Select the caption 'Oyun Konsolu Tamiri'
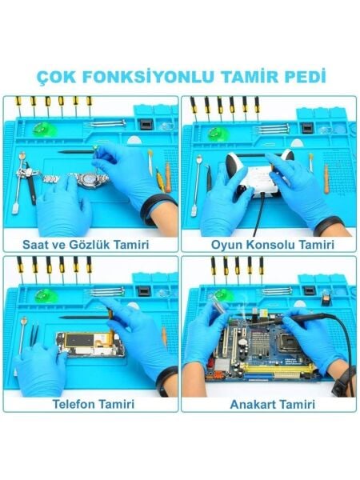click(269, 242)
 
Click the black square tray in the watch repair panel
click(146, 124)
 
